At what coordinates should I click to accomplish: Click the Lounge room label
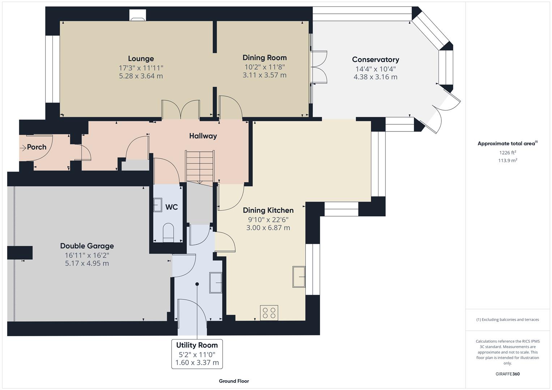pyautogui.click(x=141, y=58)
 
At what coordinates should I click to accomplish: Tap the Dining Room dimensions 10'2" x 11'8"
pyautogui.click(x=264, y=67)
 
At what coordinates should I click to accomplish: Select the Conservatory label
pyautogui.click(x=375, y=60)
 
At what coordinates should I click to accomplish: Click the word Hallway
pyautogui.click(x=203, y=136)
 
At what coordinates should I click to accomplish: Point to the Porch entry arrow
pyautogui.click(x=23, y=147)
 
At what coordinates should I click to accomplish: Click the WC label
pyautogui.click(x=171, y=207)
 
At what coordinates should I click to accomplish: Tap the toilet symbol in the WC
pyautogui.click(x=168, y=232)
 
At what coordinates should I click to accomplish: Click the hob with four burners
pyautogui.click(x=269, y=312)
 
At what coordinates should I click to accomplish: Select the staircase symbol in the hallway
pyautogui.click(x=200, y=166)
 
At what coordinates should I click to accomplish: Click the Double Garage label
pyautogui.click(x=87, y=246)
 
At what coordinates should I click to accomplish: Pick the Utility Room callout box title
pyautogui.click(x=197, y=345)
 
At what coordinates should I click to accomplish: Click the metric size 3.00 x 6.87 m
pyautogui.click(x=268, y=228)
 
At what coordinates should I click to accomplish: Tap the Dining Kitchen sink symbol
pyautogui.click(x=299, y=277)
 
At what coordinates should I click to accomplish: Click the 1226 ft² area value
pyautogui.click(x=508, y=153)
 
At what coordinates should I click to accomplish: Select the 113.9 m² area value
pyautogui.click(x=508, y=161)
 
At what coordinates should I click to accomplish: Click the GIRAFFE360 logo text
pyautogui.click(x=507, y=374)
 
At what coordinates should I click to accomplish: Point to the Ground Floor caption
pyautogui.click(x=234, y=381)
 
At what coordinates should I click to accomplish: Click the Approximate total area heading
pyautogui.click(x=506, y=144)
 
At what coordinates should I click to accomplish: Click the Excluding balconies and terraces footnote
pyautogui.click(x=507, y=320)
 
